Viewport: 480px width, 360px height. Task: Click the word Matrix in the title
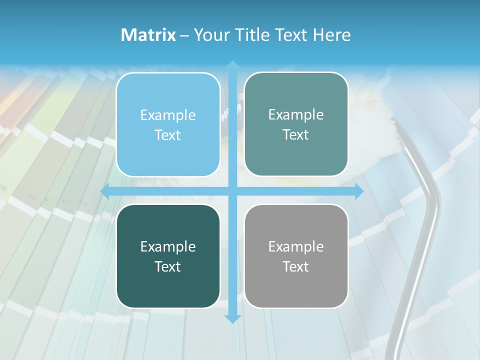pos(148,35)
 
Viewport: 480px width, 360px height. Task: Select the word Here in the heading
pos(331,35)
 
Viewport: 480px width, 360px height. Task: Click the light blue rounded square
pos(168,124)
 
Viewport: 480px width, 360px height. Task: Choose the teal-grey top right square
pos(296,124)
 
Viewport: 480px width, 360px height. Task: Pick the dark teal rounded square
pos(168,256)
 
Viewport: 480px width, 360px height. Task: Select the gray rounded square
pos(296,256)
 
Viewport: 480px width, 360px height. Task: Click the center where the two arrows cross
pos(232,191)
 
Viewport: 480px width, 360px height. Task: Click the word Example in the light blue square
pos(168,115)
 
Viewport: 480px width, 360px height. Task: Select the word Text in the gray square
pos(296,266)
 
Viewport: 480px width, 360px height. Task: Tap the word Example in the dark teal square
pos(168,246)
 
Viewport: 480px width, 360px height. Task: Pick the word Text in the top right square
pos(296,134)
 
